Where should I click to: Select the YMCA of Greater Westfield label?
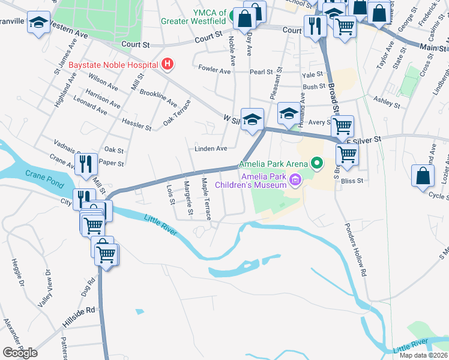193,16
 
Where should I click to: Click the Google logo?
20,353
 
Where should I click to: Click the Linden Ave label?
210,148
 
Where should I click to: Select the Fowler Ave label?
215,71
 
